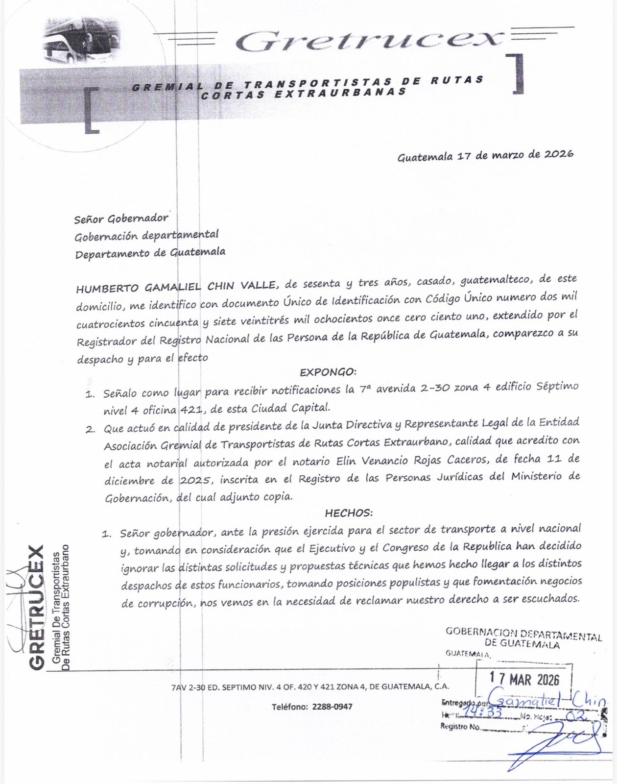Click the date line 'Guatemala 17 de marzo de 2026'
tap(485, 156)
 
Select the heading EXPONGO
tap(328, 372)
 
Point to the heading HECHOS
tap(349, 513)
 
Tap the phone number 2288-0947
tap(331, 707)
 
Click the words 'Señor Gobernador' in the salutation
tap(121, 219)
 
